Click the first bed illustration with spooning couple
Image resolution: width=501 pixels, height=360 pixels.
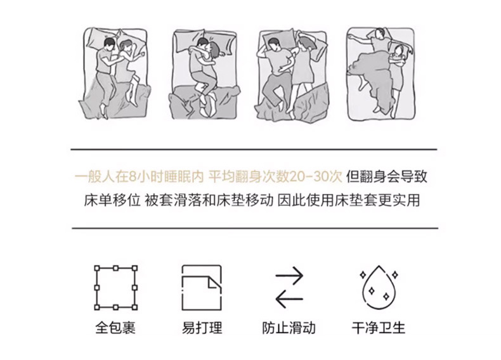point(114,74)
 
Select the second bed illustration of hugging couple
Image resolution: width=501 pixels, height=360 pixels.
point(204,74)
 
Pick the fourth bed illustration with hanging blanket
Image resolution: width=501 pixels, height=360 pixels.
point(381,74)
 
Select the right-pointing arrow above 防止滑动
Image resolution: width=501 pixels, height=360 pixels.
point(289,275)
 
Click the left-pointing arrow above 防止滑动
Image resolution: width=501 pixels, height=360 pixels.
point(289,299)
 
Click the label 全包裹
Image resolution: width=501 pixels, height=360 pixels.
point(115,328)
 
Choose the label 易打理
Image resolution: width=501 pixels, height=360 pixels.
point(202,328)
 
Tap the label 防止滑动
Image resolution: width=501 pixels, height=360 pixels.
point(289,328)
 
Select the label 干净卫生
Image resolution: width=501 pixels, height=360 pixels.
point(379,328)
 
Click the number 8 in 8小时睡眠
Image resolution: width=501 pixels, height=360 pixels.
point(133,177)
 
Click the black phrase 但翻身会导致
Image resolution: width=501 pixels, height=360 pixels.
point(387,177)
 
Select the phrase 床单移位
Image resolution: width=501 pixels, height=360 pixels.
point(112,201)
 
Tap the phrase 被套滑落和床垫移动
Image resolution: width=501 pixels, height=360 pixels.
point(209,201)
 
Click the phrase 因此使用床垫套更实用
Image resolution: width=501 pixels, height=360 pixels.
point(349,201)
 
